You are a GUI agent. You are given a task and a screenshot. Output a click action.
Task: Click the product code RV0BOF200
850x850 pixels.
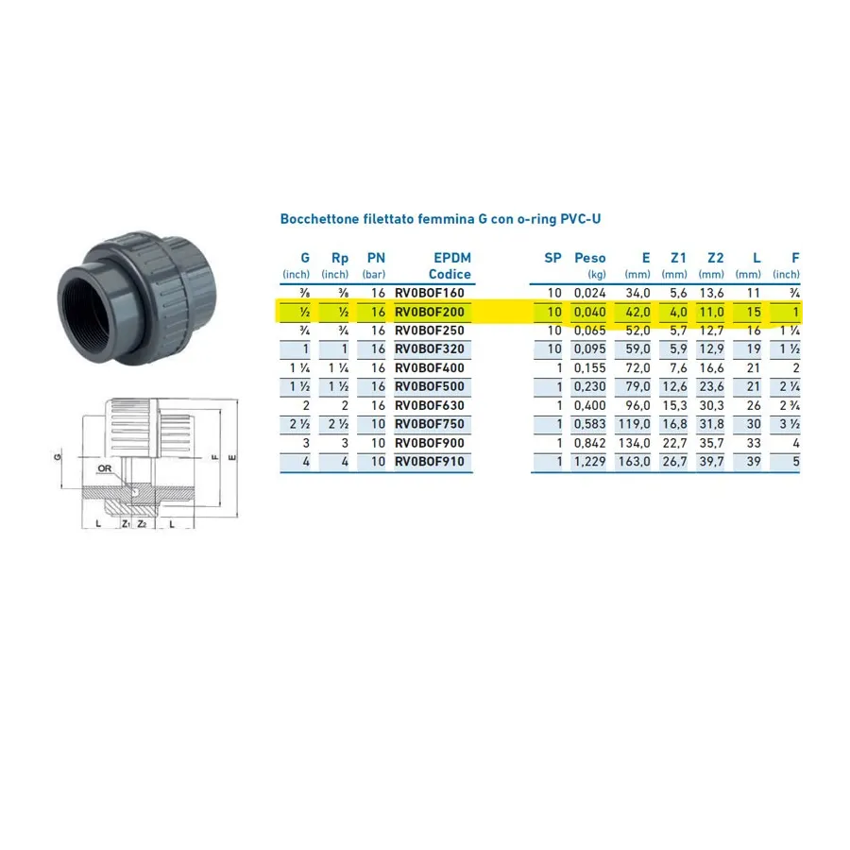click(430, 313)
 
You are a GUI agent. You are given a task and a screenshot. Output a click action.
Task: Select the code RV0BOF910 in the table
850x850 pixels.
click(430, 462)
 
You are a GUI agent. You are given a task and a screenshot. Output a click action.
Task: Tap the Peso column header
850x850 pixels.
click(589, 258)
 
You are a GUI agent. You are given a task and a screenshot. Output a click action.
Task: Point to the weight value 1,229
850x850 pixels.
click(589, 462)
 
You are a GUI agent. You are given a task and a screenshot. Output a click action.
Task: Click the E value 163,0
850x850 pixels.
click(635, 462)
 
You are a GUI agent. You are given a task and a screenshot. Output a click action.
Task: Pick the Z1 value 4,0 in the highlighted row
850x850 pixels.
click(678, 313)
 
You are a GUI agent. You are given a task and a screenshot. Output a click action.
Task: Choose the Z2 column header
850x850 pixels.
click(716, 258)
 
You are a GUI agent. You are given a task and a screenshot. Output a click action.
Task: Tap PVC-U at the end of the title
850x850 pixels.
click(581, 219)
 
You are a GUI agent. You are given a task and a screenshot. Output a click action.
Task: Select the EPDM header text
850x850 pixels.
click(452, 258)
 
